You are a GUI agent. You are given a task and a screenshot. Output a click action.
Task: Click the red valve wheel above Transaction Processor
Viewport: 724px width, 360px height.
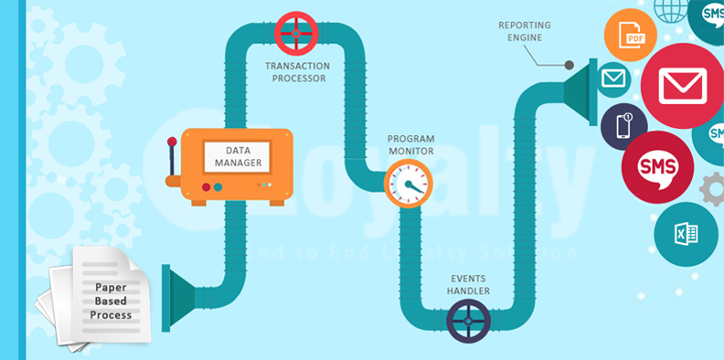coord(295,32)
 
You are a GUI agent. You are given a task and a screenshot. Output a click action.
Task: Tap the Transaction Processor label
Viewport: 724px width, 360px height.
coord(296,72)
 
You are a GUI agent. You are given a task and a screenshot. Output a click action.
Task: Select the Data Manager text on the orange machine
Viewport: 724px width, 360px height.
coord(238,156)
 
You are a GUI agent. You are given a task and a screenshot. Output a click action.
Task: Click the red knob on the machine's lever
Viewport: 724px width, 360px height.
coord(172,142)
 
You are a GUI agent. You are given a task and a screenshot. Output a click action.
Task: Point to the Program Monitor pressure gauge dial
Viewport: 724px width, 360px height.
coord(407,182)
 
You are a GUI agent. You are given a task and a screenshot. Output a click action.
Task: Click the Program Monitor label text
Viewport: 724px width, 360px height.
coord(410,144)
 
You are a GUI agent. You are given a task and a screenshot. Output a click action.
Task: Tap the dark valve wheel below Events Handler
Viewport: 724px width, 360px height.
coord(469,321)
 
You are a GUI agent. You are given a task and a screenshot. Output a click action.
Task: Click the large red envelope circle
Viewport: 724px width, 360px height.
coord(681,85)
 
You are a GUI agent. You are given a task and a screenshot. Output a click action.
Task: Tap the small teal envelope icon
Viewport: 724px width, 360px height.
coord(613,79)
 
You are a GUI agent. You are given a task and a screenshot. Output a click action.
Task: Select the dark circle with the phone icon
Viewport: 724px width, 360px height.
coord(623,125)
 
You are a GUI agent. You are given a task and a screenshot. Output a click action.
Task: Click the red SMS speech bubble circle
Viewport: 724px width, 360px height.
coord(656,167)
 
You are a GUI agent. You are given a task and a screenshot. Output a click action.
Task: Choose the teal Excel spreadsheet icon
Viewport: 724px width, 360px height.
coord(686,234)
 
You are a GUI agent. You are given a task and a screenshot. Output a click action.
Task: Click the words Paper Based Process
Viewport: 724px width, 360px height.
coord(111,301)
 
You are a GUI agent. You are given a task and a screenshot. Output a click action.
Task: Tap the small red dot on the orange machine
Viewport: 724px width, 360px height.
coord(207,186)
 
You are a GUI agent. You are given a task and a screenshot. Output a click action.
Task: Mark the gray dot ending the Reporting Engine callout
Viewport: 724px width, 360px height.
coord(569,66)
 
